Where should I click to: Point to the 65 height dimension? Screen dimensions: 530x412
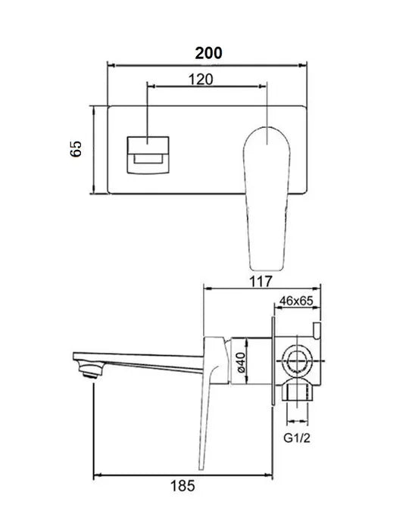pyautogui.click(x=75, y=148)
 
